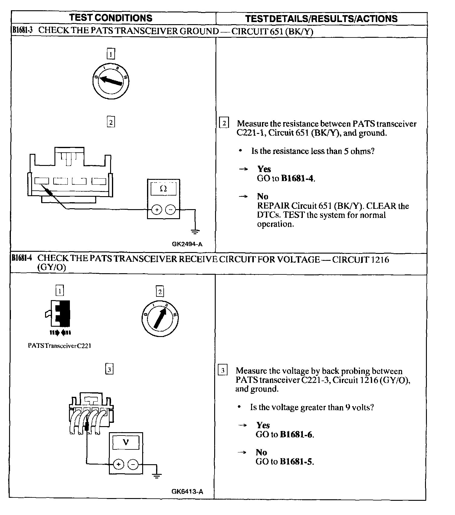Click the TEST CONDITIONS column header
[x=111, y=18]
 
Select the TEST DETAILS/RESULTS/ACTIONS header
[x=321, y=19]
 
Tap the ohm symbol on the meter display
[x=163, y=189]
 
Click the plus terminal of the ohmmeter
[x=156, y=209]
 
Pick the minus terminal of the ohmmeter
[x=171, y=209]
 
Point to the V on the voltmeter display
[x=126, y=442]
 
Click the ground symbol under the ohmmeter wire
[x=195, y=232]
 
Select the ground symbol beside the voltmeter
[x=157, y=476]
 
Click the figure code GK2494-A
[x=187, y=244]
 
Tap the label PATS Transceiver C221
[x=60, y=346]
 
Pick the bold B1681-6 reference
[x=296, y=435]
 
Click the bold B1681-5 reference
[x=296, y=462]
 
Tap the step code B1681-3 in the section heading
[x=22, y=30]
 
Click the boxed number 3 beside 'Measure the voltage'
[x=223, y=371]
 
